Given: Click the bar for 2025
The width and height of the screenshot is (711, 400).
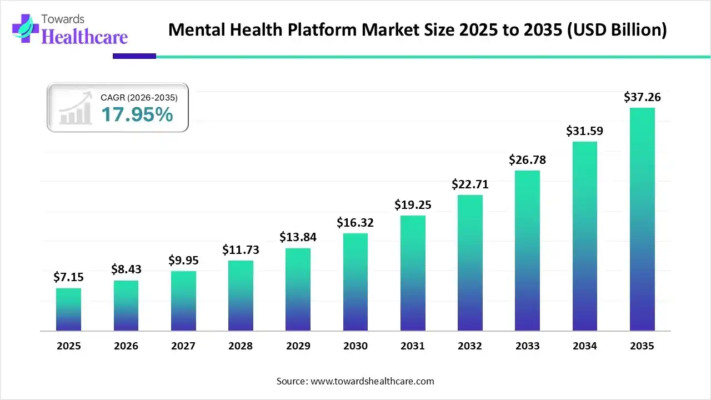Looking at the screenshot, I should [x=68, y=309].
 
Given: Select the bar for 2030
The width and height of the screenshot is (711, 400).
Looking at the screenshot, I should [x=355, y=282].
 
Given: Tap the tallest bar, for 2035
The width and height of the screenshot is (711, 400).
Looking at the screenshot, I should [x=642, y=219].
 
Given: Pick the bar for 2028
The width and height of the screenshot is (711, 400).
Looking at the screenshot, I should [x=241, y=296].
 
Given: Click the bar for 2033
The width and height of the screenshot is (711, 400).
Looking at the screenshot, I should [x=527, y=251].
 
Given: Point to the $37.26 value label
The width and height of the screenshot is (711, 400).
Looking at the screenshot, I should [x=642, y=97].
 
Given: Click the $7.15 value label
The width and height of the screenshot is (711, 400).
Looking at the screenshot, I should [x=68, y=277].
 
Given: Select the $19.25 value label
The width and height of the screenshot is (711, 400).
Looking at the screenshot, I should [x=413, y=204].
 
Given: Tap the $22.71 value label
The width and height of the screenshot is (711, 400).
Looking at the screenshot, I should [x=470, y=184].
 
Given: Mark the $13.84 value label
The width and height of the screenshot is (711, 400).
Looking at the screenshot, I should [x=298, y=237].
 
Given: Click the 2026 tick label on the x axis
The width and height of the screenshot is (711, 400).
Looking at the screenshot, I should [x=126, y=346].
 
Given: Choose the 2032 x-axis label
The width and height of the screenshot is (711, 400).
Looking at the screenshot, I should [x=470, y=346].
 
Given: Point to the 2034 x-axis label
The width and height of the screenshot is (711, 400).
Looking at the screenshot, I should [x=585, y=346].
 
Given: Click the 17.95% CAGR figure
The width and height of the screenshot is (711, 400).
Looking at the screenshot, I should [x=137, y=115].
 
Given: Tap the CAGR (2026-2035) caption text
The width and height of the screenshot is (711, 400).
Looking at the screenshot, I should [x=139, y=98].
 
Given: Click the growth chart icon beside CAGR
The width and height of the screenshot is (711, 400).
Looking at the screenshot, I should [x=76, y=108].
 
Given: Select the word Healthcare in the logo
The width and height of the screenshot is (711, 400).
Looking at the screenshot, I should [x=84, y=37].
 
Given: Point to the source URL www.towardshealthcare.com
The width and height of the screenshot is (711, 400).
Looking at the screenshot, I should [x=372, y=381].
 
